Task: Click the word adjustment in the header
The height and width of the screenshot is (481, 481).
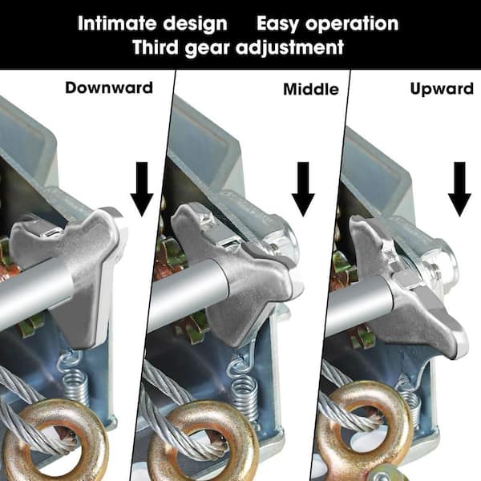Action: (x=286, y=47)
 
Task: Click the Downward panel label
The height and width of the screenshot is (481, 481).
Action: (x=109, y=87)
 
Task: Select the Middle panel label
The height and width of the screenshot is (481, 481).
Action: (x=310, y=89)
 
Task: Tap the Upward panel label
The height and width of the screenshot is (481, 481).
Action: (x=442, y=88)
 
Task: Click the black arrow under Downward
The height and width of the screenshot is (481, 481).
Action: (x=142, y=188)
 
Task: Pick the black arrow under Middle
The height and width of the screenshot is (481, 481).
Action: (x=302, y=188)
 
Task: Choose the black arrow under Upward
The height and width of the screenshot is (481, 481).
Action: (x=459, y=188)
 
